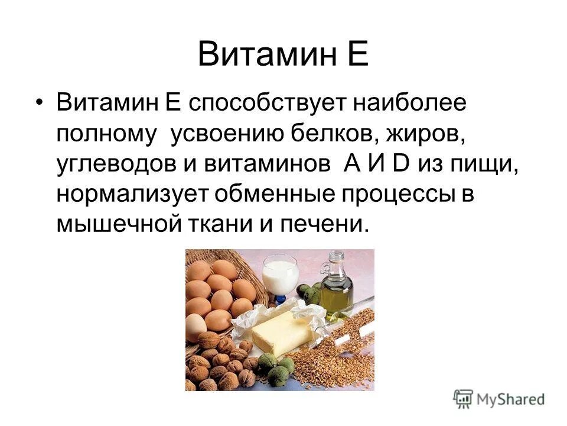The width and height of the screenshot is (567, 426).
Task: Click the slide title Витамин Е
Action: (x=283, y=54)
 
